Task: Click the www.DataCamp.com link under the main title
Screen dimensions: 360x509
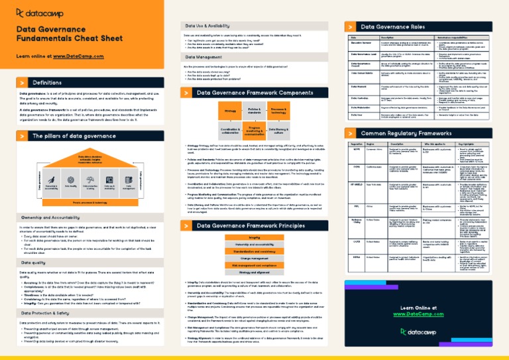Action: (84, 56)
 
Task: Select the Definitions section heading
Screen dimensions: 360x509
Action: (47, 83)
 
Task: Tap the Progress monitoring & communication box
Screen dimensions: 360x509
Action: (254, 131)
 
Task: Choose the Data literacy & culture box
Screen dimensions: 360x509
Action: (278, 131)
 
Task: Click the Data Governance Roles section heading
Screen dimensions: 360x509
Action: (391, 26)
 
